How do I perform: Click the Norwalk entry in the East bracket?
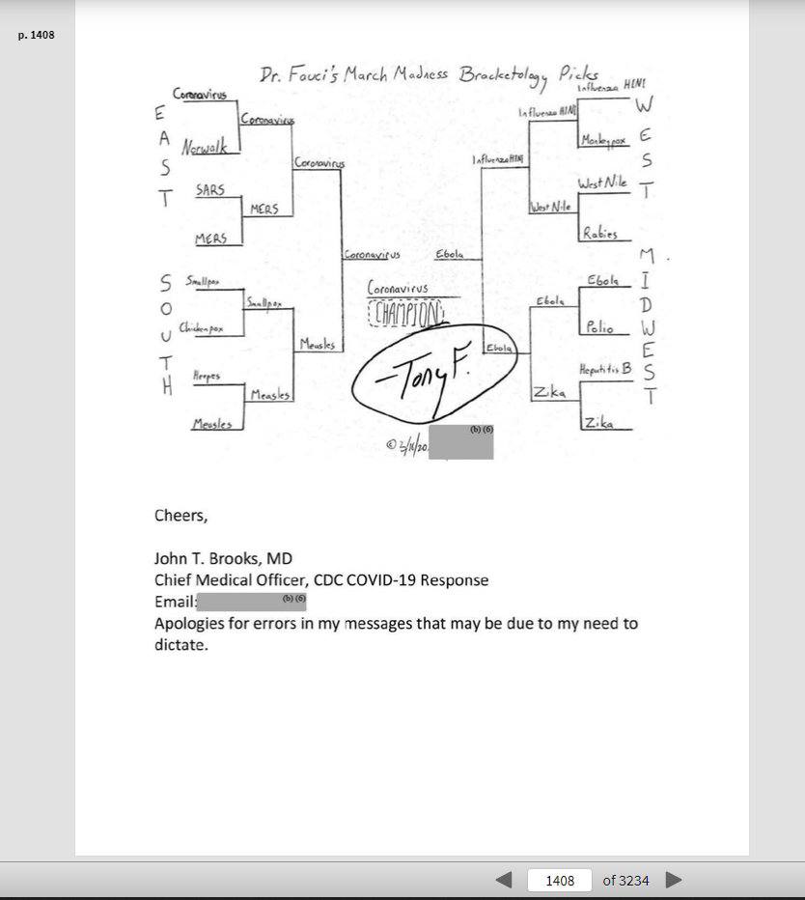(204, 149)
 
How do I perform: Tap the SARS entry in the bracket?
(209, 190)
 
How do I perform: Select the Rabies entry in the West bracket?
(599, 233)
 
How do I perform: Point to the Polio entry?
(599, 328)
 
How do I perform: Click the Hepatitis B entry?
(605, 370)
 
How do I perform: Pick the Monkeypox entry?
(603, 141)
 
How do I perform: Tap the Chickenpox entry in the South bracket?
(201, 328)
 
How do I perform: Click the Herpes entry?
(206, 376)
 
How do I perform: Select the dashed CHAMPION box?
(406, 313)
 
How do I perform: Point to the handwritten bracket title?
(429, 75)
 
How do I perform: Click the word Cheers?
(180, 515)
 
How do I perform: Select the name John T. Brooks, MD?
(223, 558)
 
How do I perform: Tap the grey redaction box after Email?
(251, 602)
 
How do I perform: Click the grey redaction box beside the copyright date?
(460, 441)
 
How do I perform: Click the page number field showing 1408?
(560, 880)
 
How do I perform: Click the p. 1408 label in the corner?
(37, 36)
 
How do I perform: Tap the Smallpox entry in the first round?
(203, 281)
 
